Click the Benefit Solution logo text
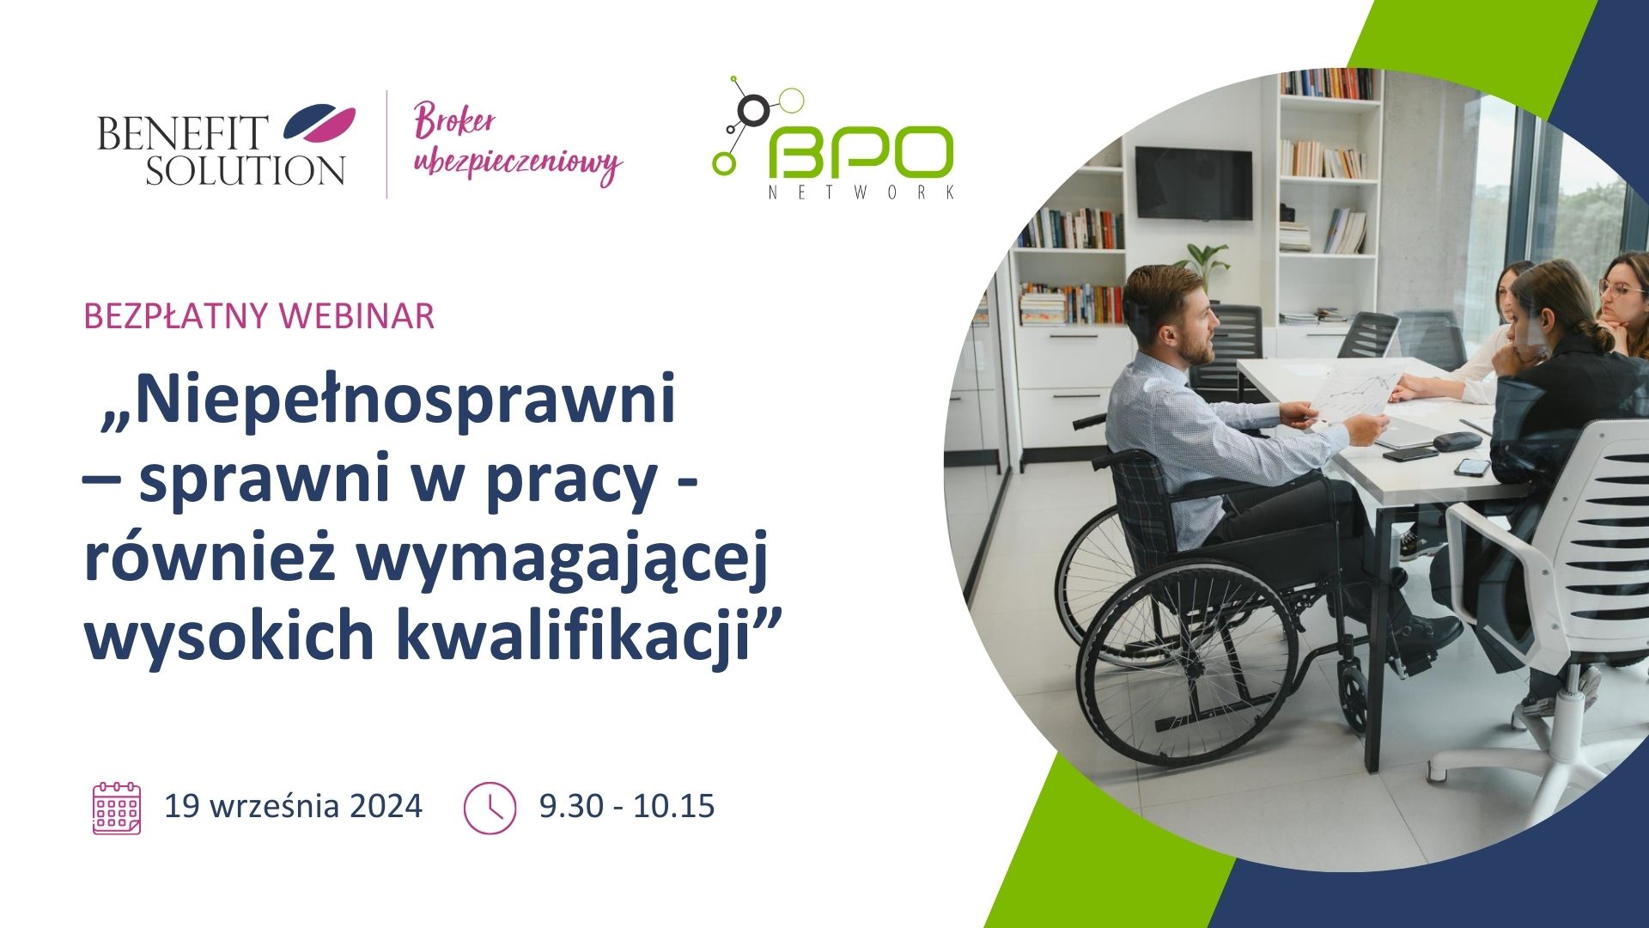point(221,150)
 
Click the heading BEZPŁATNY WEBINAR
point(259,316)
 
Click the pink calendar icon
point(117,808)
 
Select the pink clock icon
point(490,808)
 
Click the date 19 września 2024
point(294,806)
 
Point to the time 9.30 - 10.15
point(627,806)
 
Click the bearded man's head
point(1170,314)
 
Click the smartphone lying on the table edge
point(1473,467)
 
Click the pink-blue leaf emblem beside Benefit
point(319,123)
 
